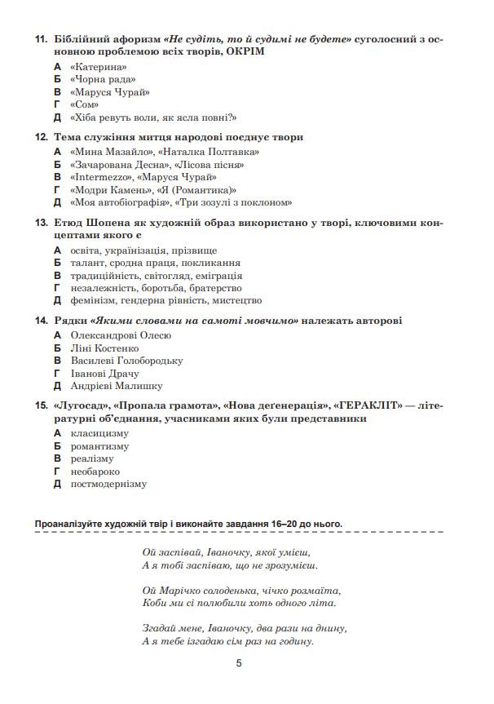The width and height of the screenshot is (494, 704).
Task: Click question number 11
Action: click(x=41, y=39)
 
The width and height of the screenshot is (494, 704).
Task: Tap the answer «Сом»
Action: click(x=85, y=104)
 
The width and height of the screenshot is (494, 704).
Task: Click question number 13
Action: click(x=41, y=223)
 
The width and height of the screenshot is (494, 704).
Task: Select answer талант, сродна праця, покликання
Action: click(x=155, y=263)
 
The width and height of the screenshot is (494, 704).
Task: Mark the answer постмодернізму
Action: click(x=108, y=484)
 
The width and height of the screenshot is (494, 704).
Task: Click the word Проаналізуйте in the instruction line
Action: click(x=69, y=523)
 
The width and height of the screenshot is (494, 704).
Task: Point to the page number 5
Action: click(x=239, y=664)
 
